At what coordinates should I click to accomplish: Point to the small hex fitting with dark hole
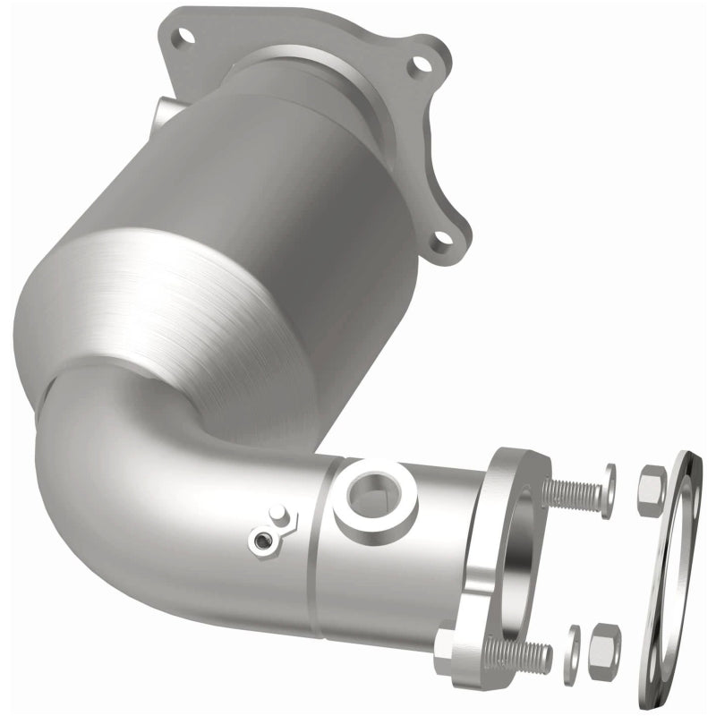[x=260, y=540]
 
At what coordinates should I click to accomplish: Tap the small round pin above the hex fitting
[x=278, y=515]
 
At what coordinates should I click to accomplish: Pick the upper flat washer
[x=609, y=491]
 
